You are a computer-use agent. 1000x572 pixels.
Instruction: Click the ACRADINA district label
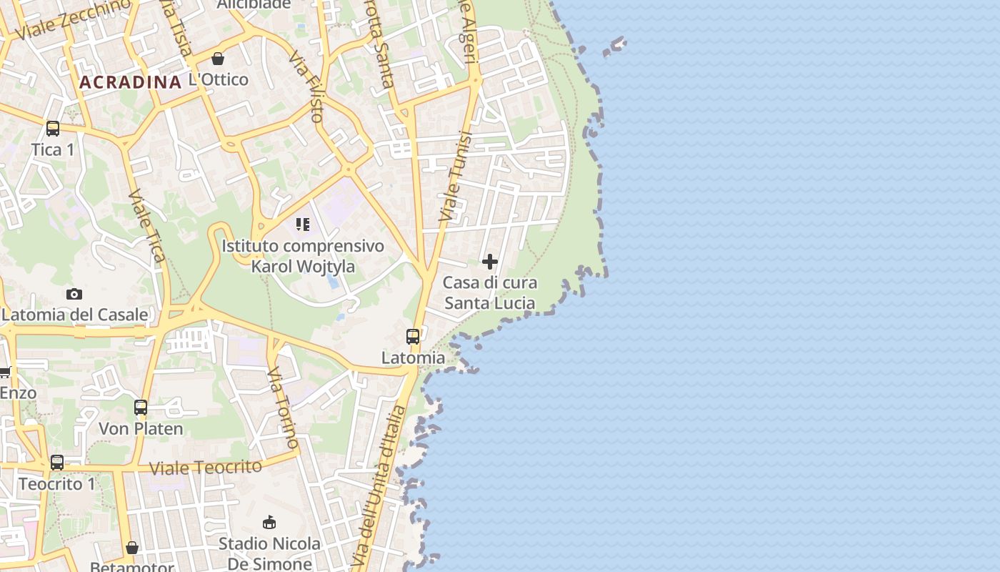click(130, 82)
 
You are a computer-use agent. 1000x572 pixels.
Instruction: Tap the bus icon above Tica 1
click(53, 129)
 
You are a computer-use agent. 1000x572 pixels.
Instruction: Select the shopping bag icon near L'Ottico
click(218, 59)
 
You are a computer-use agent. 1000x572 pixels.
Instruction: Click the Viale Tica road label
click(147, 225)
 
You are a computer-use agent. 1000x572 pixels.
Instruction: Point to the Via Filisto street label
click(307, 86)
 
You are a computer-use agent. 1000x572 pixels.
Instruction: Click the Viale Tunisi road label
click(456, 177)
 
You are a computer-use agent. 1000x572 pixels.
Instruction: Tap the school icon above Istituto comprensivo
click(303, 225)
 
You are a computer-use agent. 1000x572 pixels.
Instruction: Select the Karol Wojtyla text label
click(303, 267)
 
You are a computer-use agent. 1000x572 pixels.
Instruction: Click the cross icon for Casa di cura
click(490, 262)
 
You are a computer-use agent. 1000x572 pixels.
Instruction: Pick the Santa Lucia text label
click(490, 303)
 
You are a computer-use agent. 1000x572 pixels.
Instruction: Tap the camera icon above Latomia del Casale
click(74, 294)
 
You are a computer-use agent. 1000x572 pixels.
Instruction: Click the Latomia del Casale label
click(74, 315)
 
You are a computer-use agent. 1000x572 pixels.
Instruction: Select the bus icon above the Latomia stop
click(413, 336)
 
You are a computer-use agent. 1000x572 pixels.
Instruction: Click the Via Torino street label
click(284, 408)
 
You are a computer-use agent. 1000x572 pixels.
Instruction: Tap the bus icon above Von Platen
click(141, 408)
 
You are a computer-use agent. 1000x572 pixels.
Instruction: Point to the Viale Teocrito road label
click(206, 468)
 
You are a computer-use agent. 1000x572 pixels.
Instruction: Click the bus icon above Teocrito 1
click(57, 463)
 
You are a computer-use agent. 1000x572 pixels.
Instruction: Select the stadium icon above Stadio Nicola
click(269, 523)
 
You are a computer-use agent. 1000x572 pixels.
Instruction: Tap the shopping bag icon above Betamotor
click(132, 548)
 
